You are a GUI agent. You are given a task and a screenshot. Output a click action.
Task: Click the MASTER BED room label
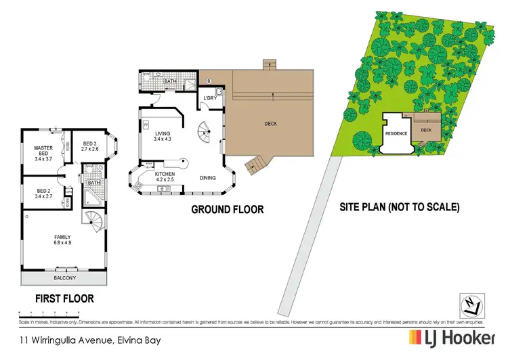(x=43, y=153)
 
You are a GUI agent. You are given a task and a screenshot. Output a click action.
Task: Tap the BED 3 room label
(x=91, y=146)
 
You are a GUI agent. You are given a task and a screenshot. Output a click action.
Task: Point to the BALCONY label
(x=65, y=278)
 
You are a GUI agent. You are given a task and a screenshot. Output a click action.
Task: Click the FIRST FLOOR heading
(x=64, y=298)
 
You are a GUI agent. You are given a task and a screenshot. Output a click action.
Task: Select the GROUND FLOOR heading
(x=227, y=210)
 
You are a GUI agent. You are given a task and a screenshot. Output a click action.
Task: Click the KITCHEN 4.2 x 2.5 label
(x=165, y=177)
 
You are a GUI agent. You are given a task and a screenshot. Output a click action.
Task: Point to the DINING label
(x=209, y=179)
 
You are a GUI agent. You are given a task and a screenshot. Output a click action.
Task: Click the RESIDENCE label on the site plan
(x=396, y=133)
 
